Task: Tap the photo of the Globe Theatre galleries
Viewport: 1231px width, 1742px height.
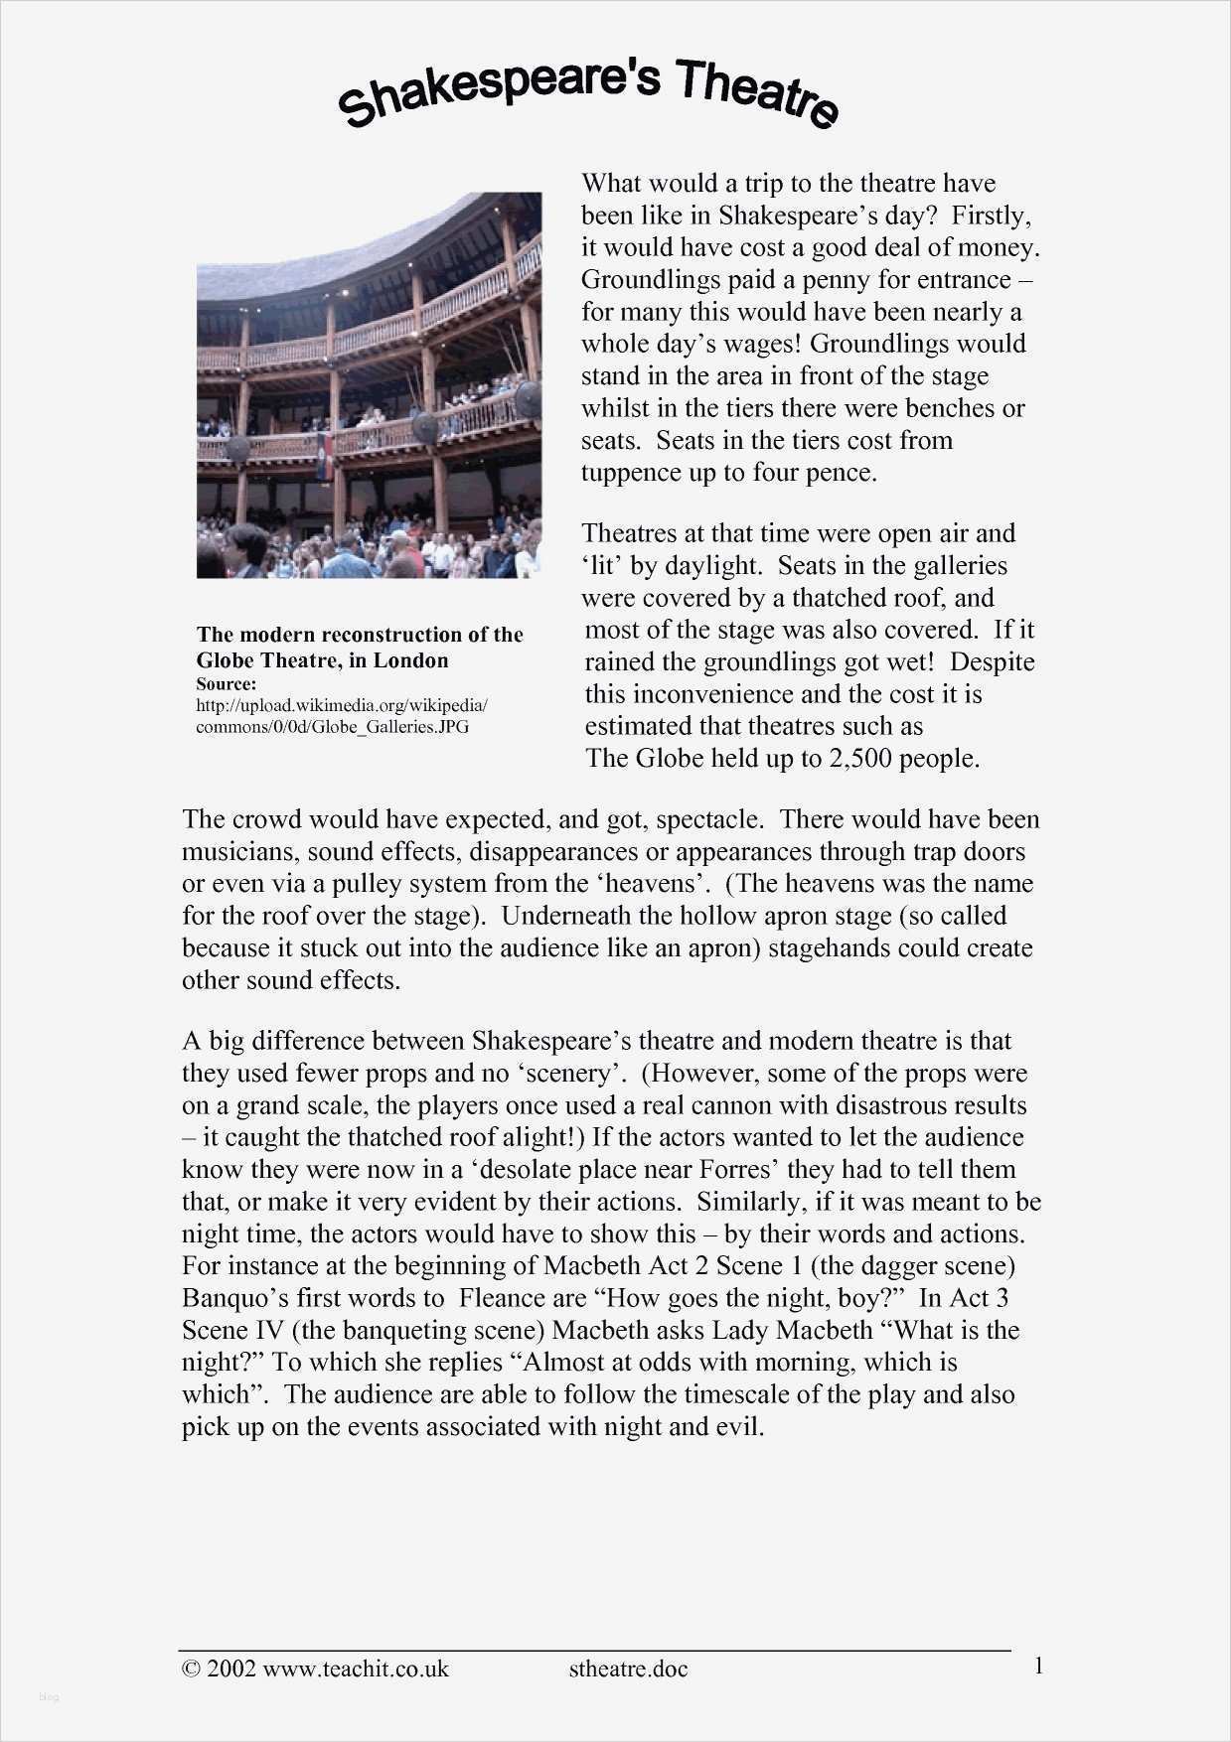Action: tap(369, 385)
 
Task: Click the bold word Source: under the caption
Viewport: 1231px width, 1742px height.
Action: tap(227, 684)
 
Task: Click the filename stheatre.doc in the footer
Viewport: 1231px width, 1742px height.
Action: tap(628, 1669)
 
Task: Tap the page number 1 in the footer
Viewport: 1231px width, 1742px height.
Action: tap(1038, 1666)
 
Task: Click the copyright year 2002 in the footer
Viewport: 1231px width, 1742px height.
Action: tap(231, 1669)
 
